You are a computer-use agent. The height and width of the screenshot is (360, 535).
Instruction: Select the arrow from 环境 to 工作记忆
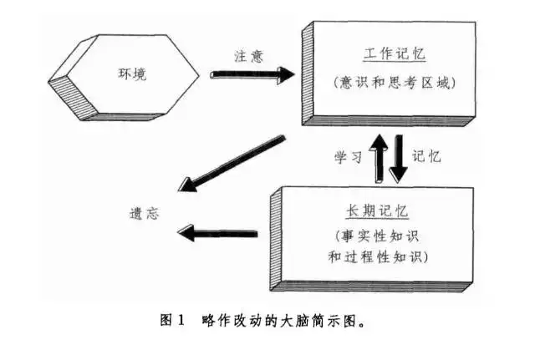click(x=252, y=74)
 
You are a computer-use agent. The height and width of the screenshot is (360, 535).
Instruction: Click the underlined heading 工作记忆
click(x=395, y=54)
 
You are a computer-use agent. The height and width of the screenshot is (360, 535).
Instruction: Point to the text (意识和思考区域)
click(x=395, y=83)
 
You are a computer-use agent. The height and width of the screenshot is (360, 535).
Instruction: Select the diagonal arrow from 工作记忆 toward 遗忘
click(x=223, y=164)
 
